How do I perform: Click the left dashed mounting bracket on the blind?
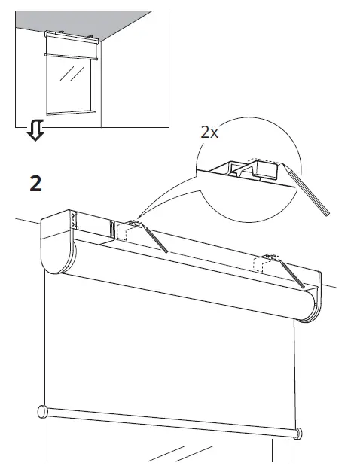pos(125,230)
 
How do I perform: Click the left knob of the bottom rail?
pos(41,411)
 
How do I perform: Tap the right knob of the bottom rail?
pos(300,434)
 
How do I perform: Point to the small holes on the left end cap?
pos(74,220)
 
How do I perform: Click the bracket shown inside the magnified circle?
pos(249,169)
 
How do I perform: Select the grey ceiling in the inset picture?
pos(98,23)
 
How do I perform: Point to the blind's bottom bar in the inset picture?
pos(72,54)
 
